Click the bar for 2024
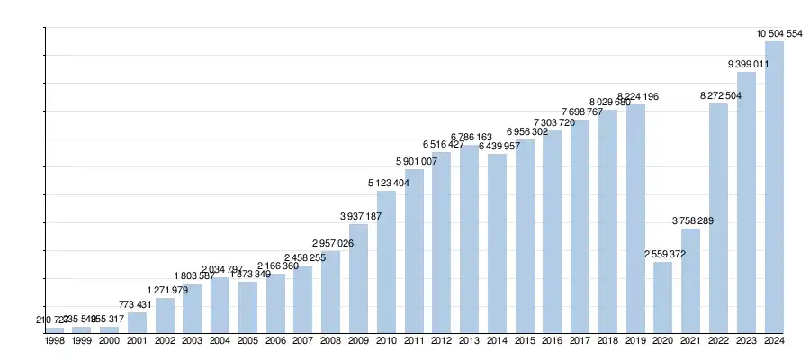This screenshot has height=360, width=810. pyautogui.click(x=774, y=187)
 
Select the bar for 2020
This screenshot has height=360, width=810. pyautogui.click(x=662, y=297)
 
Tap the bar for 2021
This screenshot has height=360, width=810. pyautogui.click(x=690, y=281)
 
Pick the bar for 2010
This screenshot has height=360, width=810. pyautogui.click(x=386, y=261)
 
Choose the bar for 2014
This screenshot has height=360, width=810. pyautogui.click(x=497, y=243)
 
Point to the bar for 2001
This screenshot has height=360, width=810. pyautogui.click(x=137, y=322)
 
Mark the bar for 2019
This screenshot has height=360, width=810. pyautogui.click(x=635, y=219)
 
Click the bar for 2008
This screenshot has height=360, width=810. pyautogui.click(x=330, y=292)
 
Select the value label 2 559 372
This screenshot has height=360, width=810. pyautogui.click(x=662, y=255)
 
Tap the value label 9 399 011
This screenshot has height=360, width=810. pyautogui.click(x=748, y=65)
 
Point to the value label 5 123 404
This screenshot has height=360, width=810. pyautogui.click(x=388, y=184)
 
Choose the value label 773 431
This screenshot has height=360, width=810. pyautogui.click(x=138, y=305)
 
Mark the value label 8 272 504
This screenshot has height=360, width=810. pyautogui.click(x=719, y=96)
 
